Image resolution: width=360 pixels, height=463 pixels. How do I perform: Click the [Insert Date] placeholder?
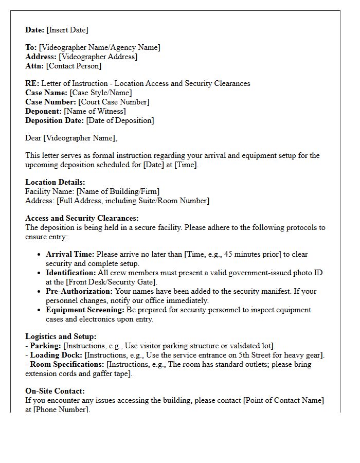tap(67, 30)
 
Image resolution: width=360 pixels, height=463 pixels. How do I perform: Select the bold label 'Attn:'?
tap(34, 66)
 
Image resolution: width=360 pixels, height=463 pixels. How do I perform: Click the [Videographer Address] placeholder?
tap(98, 57)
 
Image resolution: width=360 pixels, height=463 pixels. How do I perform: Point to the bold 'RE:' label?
tap(32, 83)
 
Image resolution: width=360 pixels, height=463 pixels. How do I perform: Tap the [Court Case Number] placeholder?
tap(114, 102)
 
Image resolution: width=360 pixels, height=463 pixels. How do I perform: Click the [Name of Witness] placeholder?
tap(95, 111)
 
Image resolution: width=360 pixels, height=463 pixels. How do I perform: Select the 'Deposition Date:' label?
tap(55, 120)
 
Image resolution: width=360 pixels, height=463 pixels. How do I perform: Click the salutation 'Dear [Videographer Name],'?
tap(71, 138)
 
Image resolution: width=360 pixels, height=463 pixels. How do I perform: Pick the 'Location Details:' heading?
tap(55, 182)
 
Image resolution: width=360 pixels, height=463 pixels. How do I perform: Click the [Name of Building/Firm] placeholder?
tap(118, 191)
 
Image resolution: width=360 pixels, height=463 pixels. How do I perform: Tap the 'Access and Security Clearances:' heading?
tap(82, 218)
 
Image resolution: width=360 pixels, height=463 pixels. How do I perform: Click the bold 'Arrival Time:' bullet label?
tap(70, 254)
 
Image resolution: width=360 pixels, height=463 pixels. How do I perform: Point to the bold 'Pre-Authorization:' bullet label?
tap(79, 291)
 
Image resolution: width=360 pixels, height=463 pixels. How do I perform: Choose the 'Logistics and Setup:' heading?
tap(61, 336)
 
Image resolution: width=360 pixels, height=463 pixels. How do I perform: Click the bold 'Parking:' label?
tap(45, 346)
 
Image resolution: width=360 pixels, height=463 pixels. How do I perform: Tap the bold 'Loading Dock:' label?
tap(56, 355)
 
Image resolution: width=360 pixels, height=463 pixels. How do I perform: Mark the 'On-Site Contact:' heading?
tap(55, 391)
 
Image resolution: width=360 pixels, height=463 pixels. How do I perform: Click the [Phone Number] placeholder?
tap(61, 409)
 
